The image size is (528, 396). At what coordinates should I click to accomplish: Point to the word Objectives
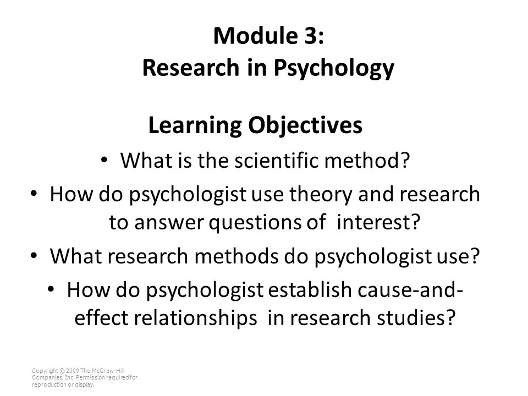(305, 125)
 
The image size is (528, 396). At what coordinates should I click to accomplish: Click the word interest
(374, 222)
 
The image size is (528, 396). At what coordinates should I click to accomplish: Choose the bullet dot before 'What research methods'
(34, 256)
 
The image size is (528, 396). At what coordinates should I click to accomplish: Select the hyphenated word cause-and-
(410, 290)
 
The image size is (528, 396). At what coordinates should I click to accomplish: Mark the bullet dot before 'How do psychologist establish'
(51, 290)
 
